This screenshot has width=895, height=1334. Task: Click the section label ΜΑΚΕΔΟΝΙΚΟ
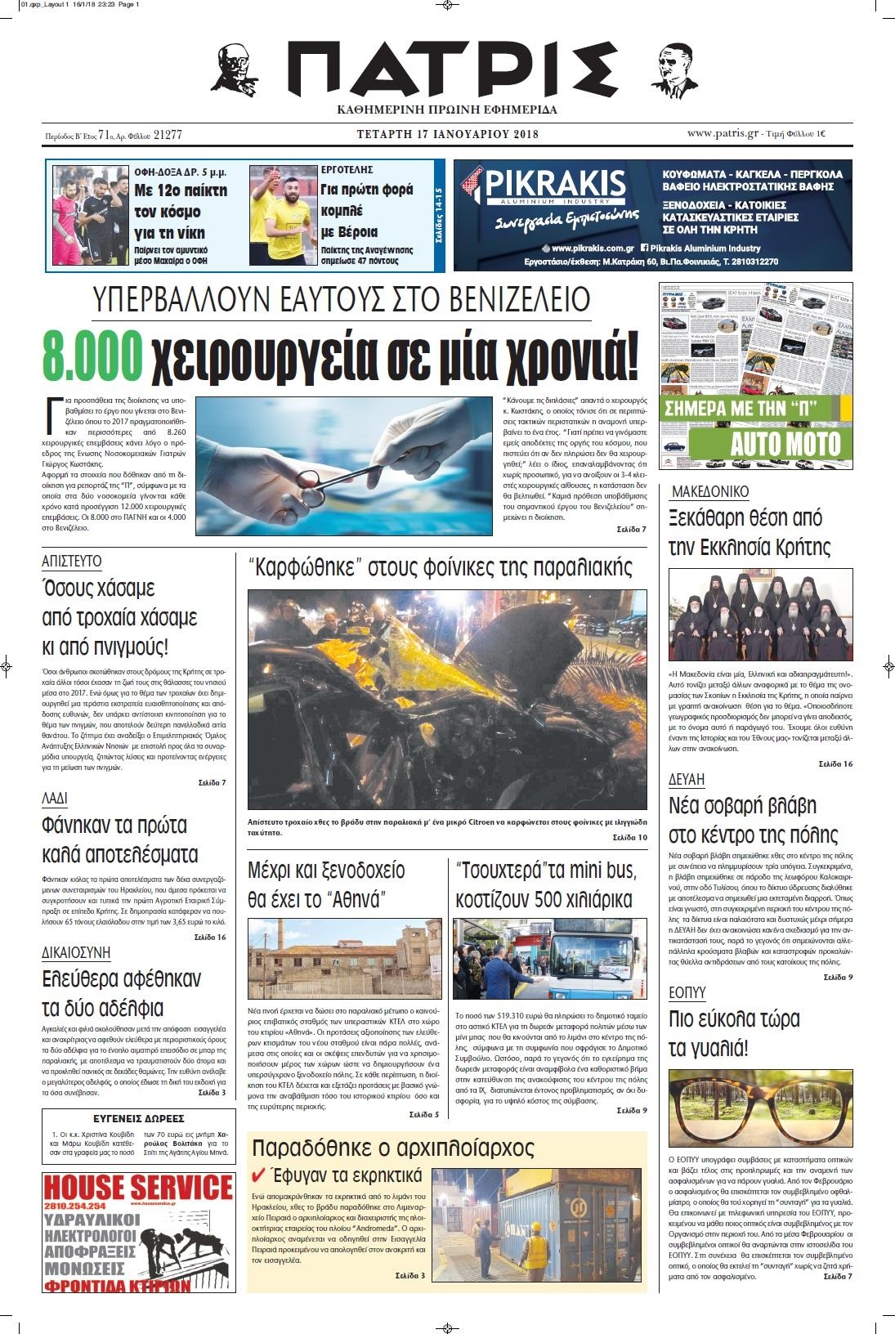click(x=709, y=491)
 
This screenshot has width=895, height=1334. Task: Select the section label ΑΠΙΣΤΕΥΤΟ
click(x=72, y=561)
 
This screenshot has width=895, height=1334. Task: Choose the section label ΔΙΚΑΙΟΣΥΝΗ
click(x=76, y=952)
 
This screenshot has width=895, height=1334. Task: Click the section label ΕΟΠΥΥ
click(x=687, y=992)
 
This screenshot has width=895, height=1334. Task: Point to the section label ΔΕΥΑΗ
click(x=687, y=779)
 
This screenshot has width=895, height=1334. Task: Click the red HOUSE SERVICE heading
click(x=138, y=1187)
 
